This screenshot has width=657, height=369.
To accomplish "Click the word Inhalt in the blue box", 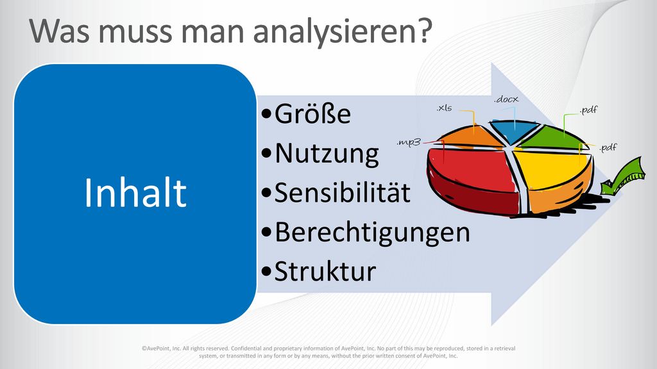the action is point(135,192).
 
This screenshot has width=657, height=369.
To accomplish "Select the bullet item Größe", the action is point(306,113).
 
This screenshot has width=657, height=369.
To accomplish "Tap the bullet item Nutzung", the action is point(320,154).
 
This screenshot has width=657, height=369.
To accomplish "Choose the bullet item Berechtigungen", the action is point(365,233).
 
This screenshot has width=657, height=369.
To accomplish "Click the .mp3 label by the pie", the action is point(409,142).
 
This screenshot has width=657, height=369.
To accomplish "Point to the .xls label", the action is point(444,108).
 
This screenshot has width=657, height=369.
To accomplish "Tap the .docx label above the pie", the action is point(506,99).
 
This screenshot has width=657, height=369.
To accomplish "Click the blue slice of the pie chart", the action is point(514,131).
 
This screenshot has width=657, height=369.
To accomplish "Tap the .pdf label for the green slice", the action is point(589,110).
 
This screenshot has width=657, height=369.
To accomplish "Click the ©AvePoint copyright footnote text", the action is point(328,352).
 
